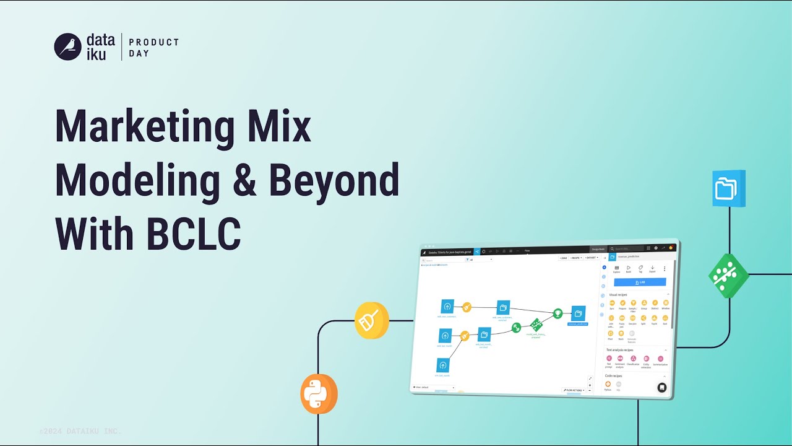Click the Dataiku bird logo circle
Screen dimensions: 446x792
[x=68, y=46]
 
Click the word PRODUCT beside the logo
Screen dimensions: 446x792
[x=153, y=42]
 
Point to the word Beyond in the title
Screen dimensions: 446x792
[x=334, y=180]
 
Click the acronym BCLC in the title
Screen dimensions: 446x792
[x=194, y=235]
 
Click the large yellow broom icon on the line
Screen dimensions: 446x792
[x=371, y=321]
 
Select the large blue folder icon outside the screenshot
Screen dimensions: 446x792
[x=728, y=188]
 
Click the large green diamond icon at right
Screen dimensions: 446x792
[x=729, y=276]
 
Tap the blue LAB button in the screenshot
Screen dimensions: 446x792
[x=640, y=282]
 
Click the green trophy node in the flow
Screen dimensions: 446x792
[x=557, y=313]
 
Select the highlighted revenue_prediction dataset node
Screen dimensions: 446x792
[x=578, y=315]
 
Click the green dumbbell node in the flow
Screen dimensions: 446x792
[x=535, y=324]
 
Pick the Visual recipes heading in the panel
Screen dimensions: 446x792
[x=618, y=294]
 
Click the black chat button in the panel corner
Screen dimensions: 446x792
[x=661, y=388]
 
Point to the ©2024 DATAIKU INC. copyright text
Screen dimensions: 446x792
[x=80, y=431]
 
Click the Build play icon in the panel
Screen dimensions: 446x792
[x=629, y=268]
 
